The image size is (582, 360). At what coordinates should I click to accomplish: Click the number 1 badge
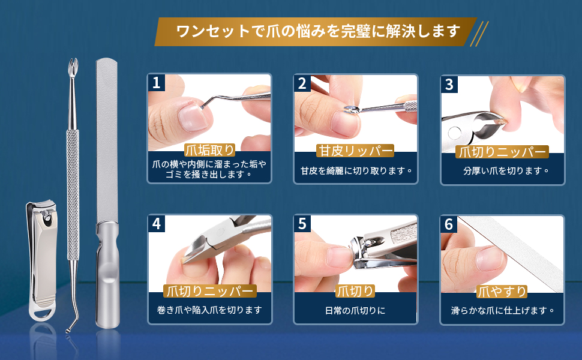(x=157, y=83)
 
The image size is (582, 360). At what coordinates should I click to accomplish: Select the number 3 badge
(x=449, y=84)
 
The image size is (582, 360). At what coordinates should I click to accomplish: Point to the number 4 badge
(x=157, y=224)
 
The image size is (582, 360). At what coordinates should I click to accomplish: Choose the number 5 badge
(x=302, y=224)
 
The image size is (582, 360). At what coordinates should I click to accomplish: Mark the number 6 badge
(x=449, y=224)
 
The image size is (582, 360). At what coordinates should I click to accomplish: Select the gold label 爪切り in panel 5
(x=355, y=292)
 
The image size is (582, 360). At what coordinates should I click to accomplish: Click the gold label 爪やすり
(x=502, y=292)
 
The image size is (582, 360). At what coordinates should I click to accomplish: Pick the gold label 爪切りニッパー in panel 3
(x=502, y=152)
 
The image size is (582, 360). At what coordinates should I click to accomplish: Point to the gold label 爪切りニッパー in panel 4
(x=209, y=292)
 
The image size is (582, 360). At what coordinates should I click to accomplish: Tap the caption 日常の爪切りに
(x=355, y=311)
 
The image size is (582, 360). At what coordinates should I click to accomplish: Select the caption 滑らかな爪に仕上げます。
(x=502, y=311)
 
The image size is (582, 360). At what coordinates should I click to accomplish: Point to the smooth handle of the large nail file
(x=109, y=276)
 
